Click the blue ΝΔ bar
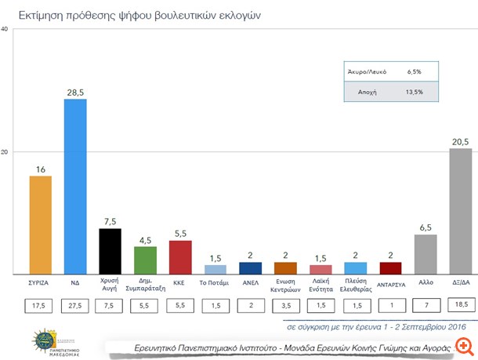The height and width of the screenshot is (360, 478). click(x=75, y=187)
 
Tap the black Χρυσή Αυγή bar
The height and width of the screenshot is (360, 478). click(x=110, y=251)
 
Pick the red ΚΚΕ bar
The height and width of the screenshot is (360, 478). click(x=180, y=257)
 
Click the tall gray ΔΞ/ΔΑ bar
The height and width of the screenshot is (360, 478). click(x=460, y=212)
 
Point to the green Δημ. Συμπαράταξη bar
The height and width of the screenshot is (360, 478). click(x=145, y=260)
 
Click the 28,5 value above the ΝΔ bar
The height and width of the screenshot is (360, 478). click(x=75, y=92)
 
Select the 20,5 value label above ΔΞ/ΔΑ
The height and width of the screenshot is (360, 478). click(x=460, y=141)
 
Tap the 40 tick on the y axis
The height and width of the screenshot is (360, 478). click(x=5, y=30)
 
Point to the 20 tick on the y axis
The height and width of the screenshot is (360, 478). click(x=5, y=151)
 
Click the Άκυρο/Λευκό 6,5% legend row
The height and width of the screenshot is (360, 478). click(x=384, y=71)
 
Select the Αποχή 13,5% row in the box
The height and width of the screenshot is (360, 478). click(x=384, y=92)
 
